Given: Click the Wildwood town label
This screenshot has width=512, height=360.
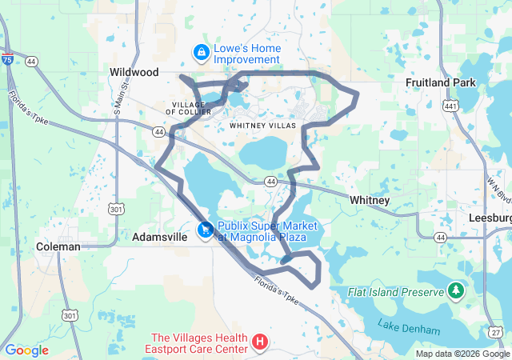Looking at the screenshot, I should [x=134, y=72].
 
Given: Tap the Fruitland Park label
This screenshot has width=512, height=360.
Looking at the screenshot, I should [x=440, y=82].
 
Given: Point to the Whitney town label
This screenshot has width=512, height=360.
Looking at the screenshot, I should [x=370, y=200].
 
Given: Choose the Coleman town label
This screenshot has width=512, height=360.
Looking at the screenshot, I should [x=58, y=247].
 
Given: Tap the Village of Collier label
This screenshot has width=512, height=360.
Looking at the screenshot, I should [x=190, y=108].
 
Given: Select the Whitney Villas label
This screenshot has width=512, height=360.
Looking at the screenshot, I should [x=262, y=126].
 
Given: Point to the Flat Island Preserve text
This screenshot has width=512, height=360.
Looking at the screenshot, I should [x=395, y=292].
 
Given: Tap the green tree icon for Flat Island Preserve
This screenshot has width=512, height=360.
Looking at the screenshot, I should [x=456, y=289].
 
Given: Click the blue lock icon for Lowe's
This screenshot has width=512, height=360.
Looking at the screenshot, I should [x=201, y=53].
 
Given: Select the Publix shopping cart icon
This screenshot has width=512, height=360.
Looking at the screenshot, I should [x=206, y=230].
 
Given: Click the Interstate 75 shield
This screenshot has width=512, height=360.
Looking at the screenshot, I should [x=7, y=60].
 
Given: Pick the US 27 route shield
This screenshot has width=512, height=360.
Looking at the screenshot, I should [x=498, y=331].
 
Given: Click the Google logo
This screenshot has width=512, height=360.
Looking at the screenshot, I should [x=26, y=350].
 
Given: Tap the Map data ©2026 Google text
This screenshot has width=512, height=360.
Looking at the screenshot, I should [x=462, y=354].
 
